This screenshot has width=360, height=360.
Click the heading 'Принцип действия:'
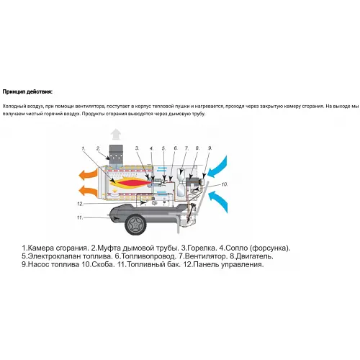click(x=27, y=91)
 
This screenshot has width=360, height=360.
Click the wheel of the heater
click(x=133, y=224)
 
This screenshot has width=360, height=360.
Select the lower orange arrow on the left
click(x=89, y=191)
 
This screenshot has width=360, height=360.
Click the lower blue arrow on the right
click(x=218, y=198)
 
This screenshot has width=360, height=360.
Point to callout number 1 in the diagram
click(x=84, y=147)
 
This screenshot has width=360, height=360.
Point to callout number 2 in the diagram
click(x=98, y=148)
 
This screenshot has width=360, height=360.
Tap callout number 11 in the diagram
click(x=81, y=217)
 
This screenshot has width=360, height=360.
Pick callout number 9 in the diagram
click(x=210, y=148)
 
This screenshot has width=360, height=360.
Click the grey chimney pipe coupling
click(x=116, y=153)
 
